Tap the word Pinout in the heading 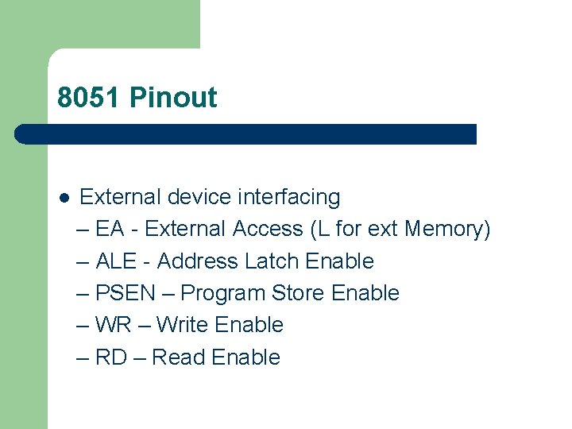pos(173,98)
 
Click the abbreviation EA pos(110,230)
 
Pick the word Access pos(268,230)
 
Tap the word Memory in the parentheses pos(446,230)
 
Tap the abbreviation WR pos(112,325)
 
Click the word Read pos(179,357)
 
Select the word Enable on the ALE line pos(339,261)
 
